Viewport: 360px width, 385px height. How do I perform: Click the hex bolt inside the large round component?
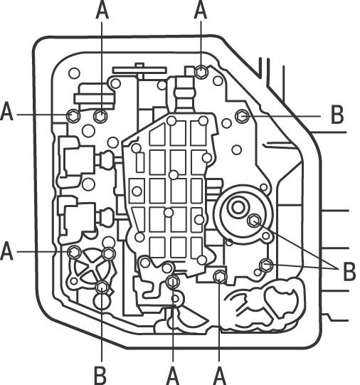254,220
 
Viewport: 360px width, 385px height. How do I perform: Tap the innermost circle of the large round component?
238,208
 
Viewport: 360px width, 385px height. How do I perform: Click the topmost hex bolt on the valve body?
201,72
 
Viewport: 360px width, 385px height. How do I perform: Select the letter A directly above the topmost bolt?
201,10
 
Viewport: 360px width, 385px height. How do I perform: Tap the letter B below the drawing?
100,376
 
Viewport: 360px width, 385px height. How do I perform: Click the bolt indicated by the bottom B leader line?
102,288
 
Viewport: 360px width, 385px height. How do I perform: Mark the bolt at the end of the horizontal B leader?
242,116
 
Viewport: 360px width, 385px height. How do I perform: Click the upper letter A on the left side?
6,111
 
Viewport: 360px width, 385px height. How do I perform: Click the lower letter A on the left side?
6,250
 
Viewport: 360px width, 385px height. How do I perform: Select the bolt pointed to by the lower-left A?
74,252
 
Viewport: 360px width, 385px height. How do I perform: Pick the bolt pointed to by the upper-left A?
73,115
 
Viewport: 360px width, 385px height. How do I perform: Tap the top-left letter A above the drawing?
102,10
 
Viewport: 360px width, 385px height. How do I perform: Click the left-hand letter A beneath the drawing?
173,376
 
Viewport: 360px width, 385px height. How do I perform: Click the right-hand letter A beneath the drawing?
219,376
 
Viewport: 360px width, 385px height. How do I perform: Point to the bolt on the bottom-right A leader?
220,276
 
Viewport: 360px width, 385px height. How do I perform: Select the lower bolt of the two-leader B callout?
266,265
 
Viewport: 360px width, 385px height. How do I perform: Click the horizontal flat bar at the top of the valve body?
139,70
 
